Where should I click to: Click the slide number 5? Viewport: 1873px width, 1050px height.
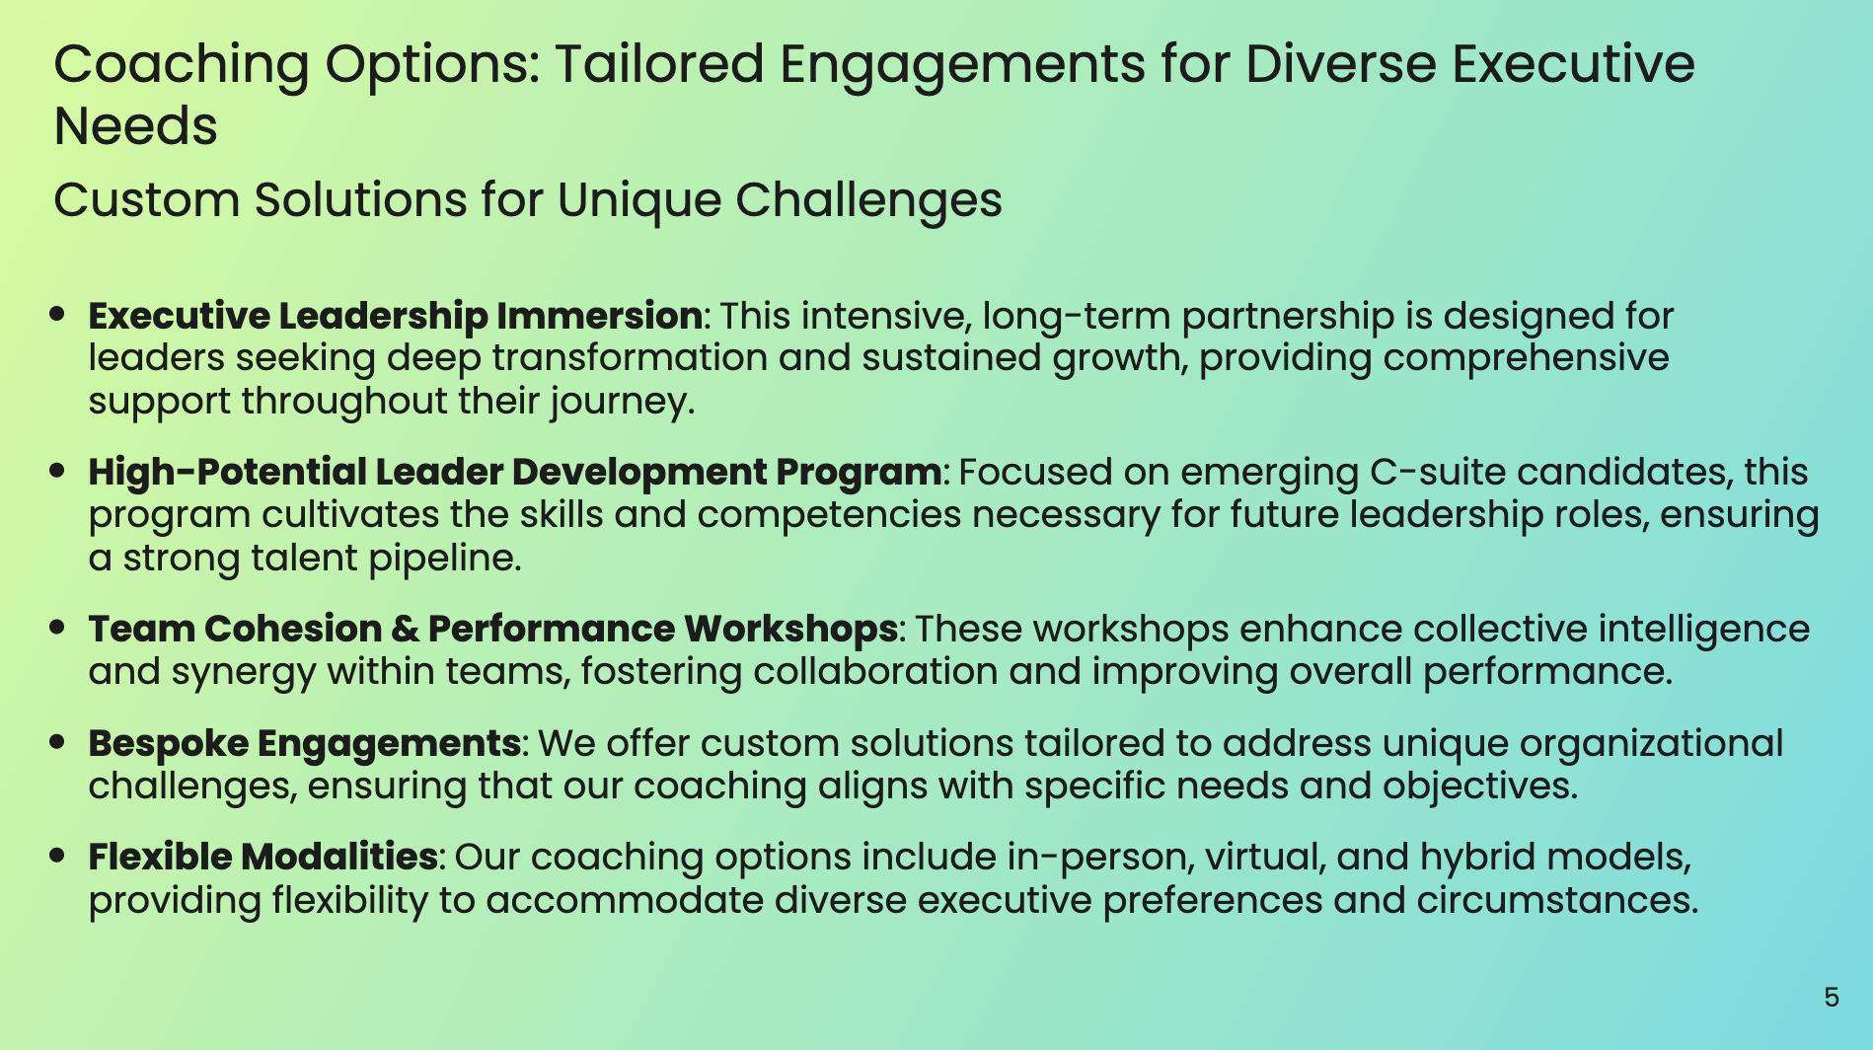(1832, 998)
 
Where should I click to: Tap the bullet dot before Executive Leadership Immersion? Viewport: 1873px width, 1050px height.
(57, 314)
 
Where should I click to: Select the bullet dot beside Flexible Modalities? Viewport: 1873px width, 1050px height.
(57, 855)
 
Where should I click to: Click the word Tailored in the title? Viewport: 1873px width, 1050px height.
(658, 64)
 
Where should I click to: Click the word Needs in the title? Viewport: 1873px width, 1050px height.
(135, 127)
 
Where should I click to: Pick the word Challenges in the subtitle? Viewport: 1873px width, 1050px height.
(868, 201)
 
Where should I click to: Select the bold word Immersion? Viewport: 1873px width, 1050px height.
(599, 316)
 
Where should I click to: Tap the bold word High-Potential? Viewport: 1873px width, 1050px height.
(227, 473)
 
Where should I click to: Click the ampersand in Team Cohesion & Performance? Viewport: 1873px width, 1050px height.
(404, 630)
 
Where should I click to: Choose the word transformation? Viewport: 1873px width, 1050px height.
(630, 358)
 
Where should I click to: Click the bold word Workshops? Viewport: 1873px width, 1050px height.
(790, 630)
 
